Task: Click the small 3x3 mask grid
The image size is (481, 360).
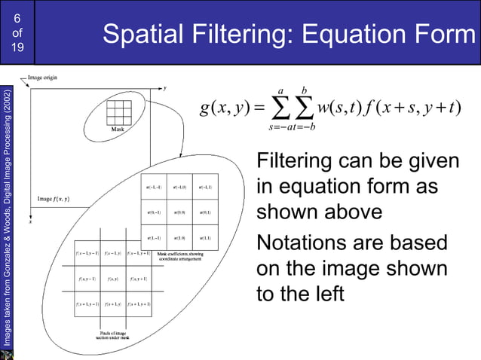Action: coord(118,113)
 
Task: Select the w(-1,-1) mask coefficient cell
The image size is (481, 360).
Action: coord(152,186)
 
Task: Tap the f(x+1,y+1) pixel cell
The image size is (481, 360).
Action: coord(139,304)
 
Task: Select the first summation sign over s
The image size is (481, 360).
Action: coord(280,109)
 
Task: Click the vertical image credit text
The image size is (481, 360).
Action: coord(7,218)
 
